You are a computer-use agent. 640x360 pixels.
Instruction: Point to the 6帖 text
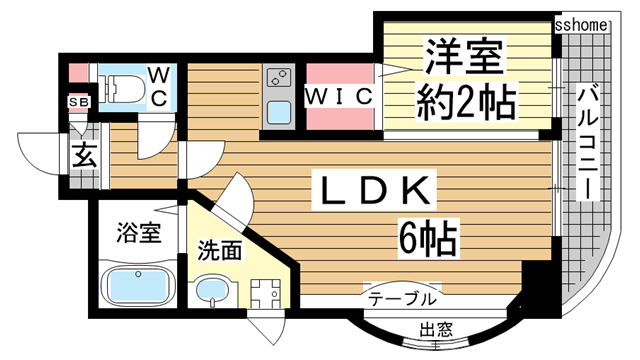[425, 238]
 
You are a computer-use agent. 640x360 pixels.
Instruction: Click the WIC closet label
[339, 96]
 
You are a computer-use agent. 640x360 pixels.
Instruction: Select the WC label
[159, 86]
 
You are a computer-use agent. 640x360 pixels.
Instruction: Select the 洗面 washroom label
[218, 251]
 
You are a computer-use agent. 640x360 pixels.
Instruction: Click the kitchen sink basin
[277, 110]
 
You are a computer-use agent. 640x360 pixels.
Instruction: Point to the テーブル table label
[402, 299]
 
